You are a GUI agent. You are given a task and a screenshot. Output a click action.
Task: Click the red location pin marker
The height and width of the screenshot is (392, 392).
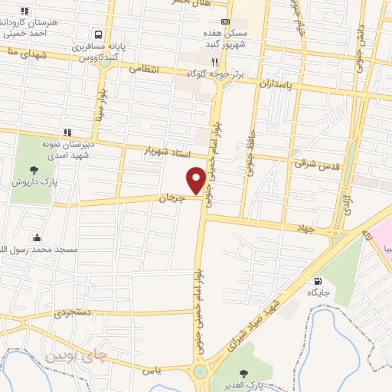[196, 181]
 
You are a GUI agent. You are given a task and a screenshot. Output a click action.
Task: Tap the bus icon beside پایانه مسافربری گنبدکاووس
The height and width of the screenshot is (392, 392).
[99, 34]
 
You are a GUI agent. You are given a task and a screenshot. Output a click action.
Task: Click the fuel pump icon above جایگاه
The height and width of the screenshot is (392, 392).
[318, 281]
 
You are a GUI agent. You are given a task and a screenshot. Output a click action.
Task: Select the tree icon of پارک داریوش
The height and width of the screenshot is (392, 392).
[32, 170]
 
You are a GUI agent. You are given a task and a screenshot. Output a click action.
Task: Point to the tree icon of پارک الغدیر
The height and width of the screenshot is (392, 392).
[243, 374]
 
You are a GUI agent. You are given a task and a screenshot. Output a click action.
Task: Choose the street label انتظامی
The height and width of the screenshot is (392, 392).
[143, 69]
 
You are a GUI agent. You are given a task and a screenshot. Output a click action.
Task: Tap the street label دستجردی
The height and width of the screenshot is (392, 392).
[73, 312]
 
